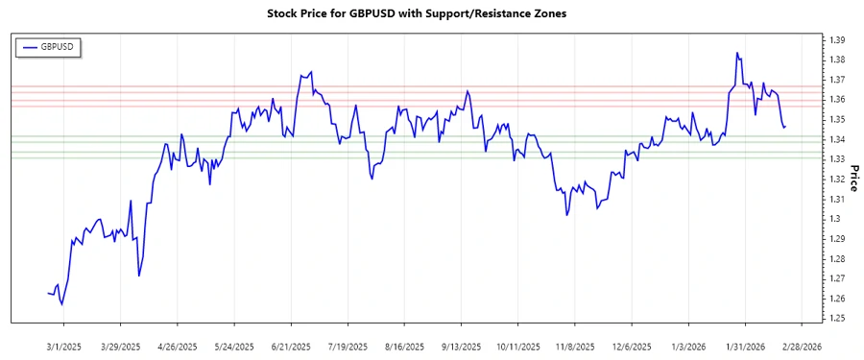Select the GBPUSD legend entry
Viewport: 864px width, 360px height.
point(50,46)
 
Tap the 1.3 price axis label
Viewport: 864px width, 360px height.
point(834,219)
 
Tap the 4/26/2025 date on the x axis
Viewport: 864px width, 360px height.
point(178,346)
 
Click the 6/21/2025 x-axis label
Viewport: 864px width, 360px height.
point(290,346)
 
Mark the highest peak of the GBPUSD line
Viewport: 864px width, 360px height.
point(736,53)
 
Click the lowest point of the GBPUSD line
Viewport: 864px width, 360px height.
point(62,304)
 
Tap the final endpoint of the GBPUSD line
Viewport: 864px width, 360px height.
point(784,126)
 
